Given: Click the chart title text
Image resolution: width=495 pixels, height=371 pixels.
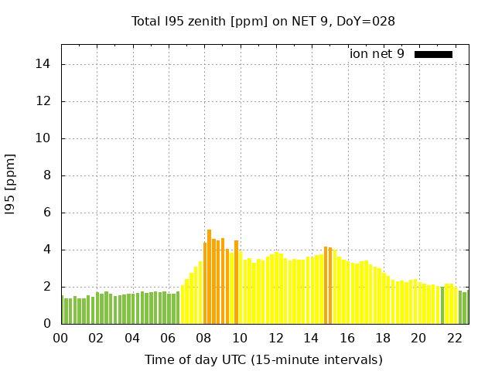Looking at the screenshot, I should click(263, 22).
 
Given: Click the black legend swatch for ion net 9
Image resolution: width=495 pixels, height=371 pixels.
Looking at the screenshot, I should click(433, 54).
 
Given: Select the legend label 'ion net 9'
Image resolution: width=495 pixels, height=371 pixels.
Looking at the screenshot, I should click(377, 54).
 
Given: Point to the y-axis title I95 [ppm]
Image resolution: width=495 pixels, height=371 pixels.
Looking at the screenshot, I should click(11, 185).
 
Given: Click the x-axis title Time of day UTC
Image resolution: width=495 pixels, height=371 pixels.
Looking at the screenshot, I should click(263, 360).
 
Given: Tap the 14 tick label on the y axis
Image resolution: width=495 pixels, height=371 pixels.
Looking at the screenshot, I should click(45, 64).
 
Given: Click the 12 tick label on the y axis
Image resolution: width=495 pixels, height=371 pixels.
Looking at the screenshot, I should click(45, 101).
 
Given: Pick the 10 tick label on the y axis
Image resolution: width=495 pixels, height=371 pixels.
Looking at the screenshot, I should click(45, 138).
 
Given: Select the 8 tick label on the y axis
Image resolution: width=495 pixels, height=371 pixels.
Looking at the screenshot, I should click(48, 175).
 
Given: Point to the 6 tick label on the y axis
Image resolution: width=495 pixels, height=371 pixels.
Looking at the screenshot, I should click(48, 213).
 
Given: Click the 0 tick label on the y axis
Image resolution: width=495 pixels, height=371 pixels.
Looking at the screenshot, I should click(48, 324).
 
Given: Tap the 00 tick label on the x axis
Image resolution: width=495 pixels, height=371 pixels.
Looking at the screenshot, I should click(60, 339).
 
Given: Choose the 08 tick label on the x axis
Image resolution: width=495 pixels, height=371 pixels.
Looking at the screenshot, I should click(203, 339).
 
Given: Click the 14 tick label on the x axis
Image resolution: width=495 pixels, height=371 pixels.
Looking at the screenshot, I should click(311, 339).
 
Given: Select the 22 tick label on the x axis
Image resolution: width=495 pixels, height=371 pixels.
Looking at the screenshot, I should click(454, 339).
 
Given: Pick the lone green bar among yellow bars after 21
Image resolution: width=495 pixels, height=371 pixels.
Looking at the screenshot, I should click(442, 306).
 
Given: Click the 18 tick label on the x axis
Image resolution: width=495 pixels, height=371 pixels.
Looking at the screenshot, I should click(382, 339).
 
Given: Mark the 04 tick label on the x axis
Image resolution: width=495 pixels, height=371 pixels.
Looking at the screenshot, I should click(132, 339).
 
